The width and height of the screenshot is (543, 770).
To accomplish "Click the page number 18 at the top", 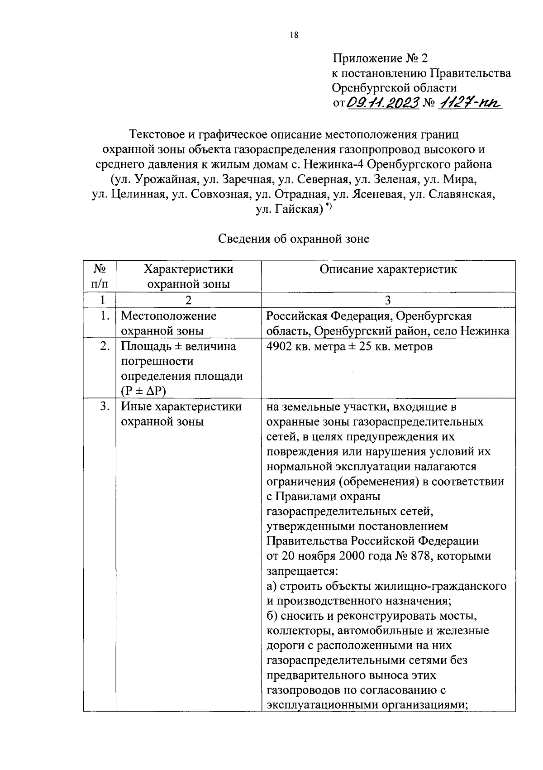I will click(x=294, y=35).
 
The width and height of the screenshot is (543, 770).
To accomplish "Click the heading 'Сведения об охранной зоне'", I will click(x=294, y=239).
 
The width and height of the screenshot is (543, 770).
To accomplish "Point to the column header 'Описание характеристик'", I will click(x=388, y=269).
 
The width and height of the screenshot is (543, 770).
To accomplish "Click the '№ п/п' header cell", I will click(x=100, y=276).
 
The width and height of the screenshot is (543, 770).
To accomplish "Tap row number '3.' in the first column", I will click(x=105, y=407).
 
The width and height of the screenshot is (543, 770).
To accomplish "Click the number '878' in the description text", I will click(x=419, y=556).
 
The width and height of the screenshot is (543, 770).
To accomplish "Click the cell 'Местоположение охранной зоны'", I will click(x=168, y=323).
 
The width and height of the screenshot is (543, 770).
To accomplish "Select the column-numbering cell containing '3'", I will click(x=388, y=300).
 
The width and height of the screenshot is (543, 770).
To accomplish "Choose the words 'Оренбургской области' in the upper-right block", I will click(x=394, y=87).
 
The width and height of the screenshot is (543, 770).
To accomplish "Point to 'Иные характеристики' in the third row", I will click(x=181, y=407).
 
